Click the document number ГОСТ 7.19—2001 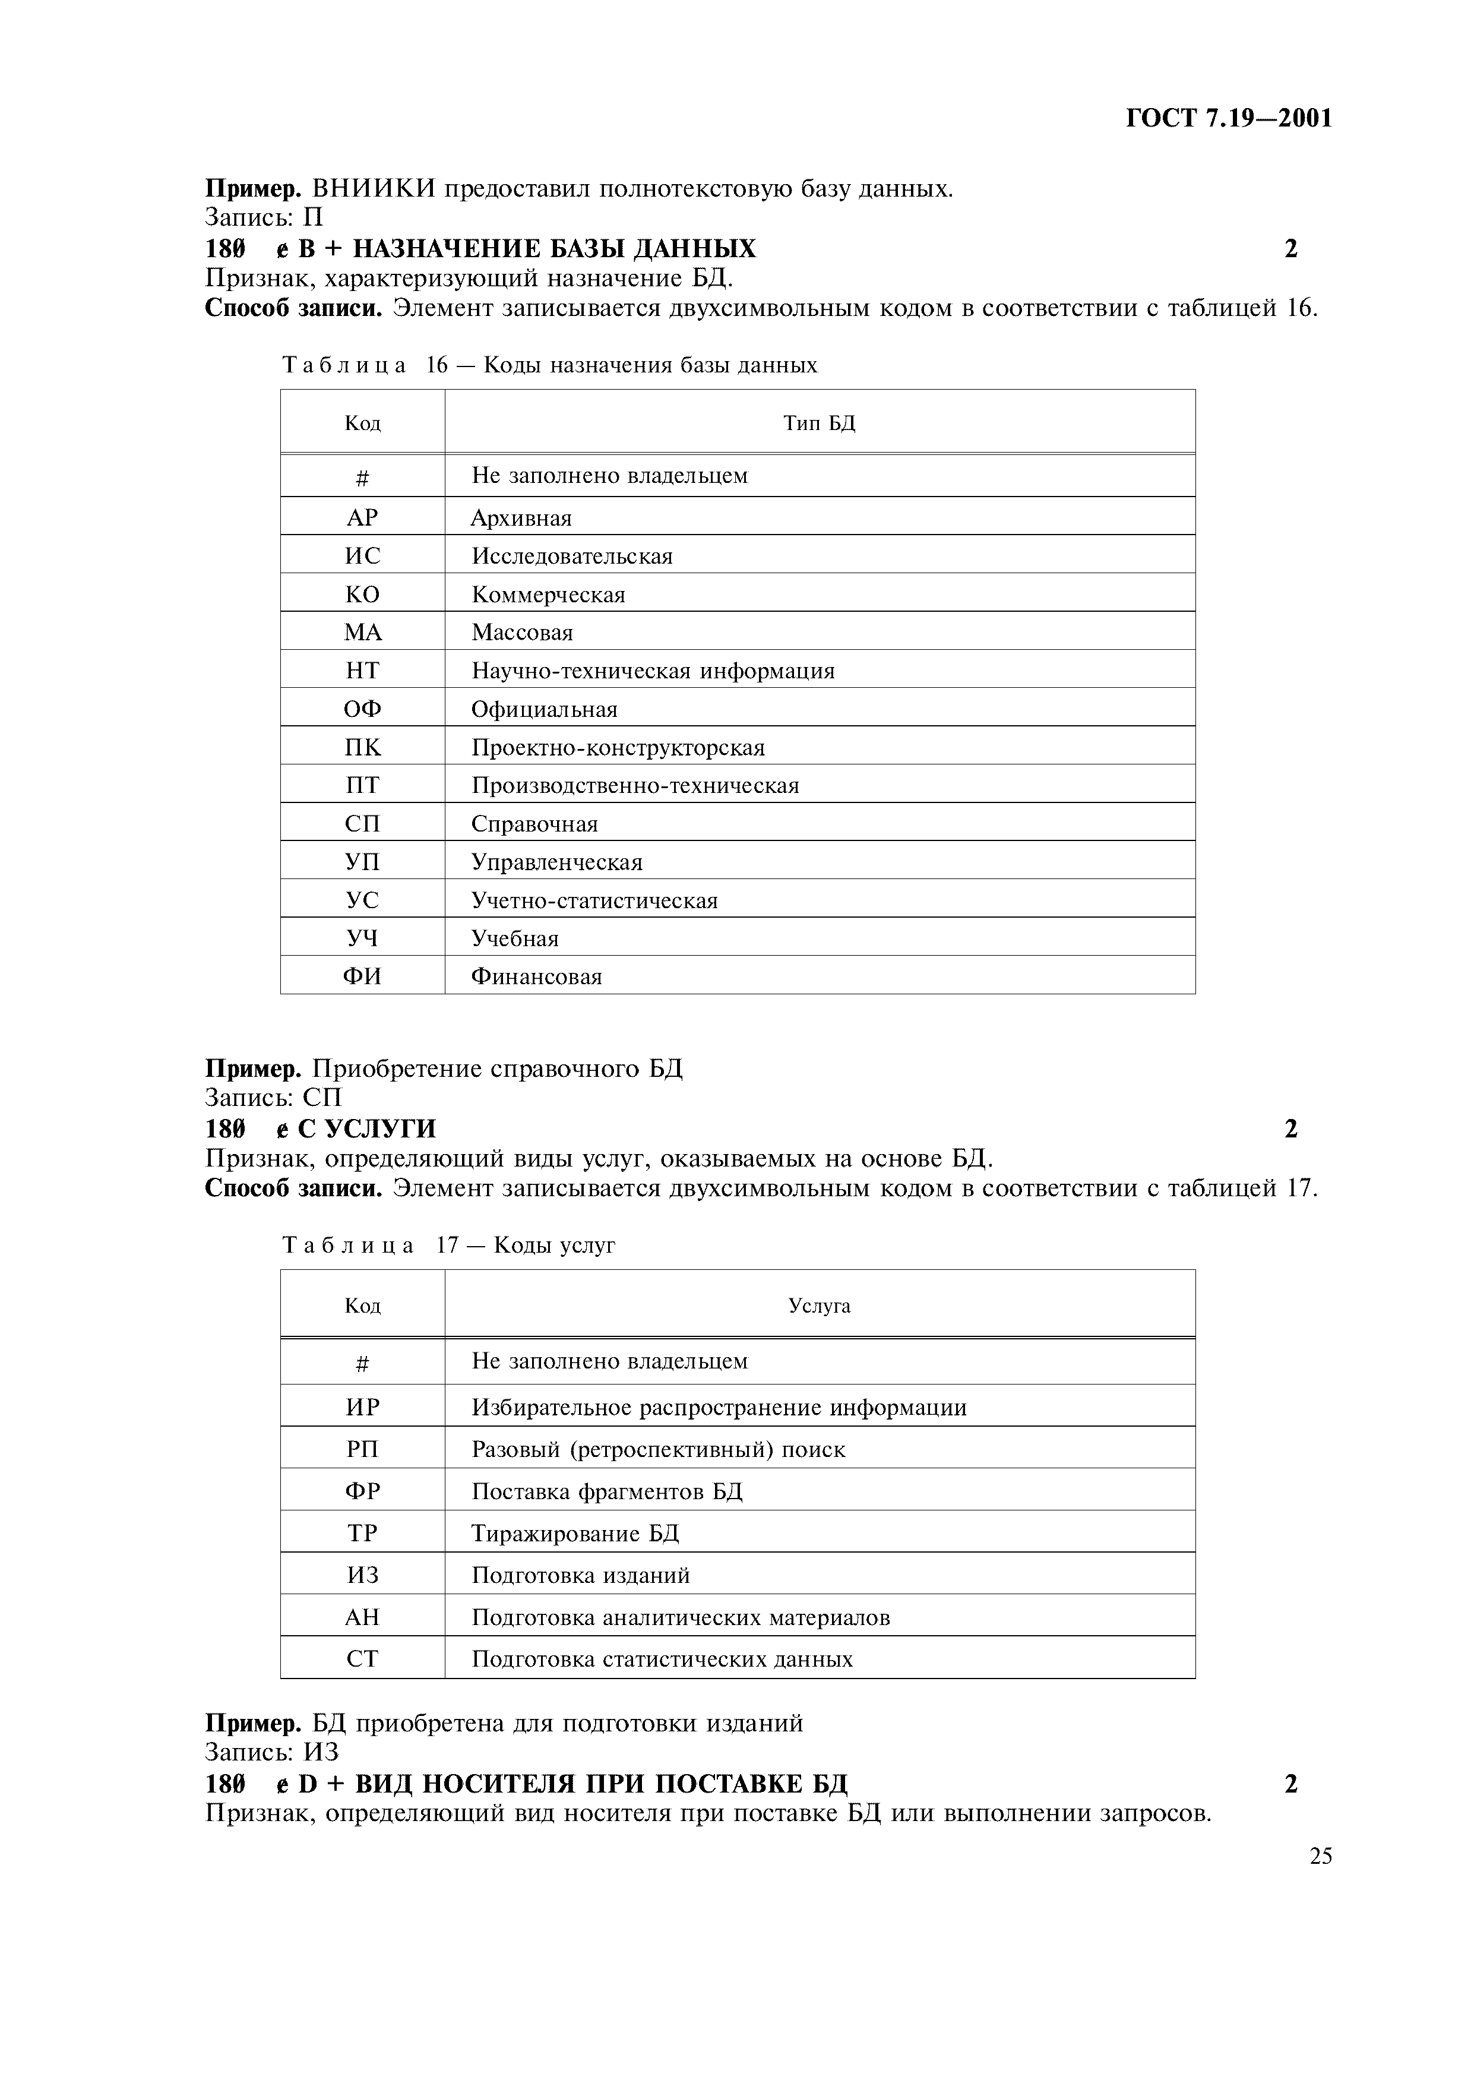point(1228,119)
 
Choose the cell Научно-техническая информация point(652,671)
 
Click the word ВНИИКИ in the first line point(374,189)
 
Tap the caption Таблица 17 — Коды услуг point(448,1246)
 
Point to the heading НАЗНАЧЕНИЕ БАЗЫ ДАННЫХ point(553,249)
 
